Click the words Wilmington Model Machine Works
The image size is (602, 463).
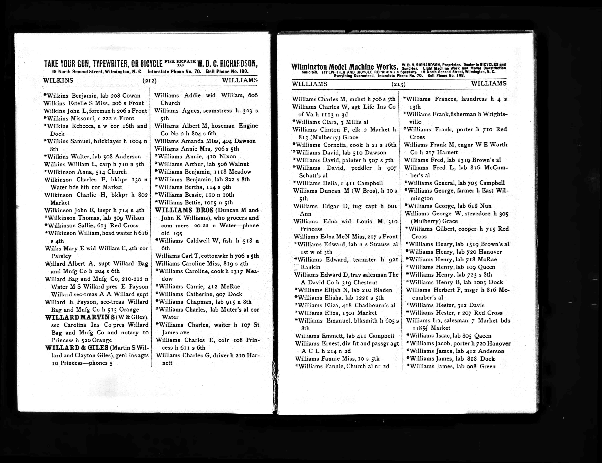coord(344,67)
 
